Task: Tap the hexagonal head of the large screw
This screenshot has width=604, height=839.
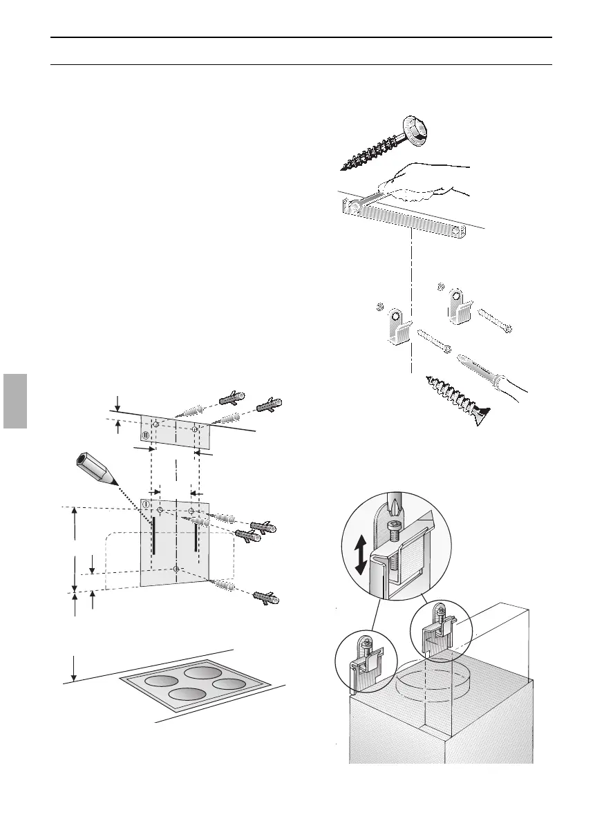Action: tap(412, 130)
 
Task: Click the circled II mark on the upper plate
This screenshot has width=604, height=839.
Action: tap(146, 435)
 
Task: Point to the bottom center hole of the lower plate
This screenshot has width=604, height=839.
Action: tap(177, 569)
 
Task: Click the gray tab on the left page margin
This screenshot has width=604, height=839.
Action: tap(13, 402)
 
